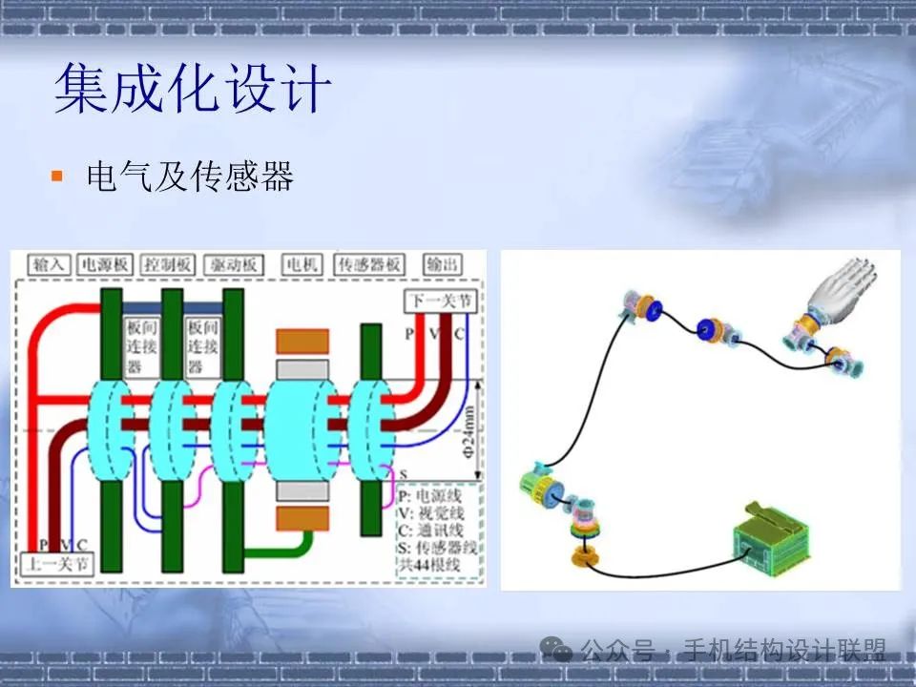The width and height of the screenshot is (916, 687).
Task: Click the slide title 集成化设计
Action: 192,89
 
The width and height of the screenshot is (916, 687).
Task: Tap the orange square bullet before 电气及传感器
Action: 57,176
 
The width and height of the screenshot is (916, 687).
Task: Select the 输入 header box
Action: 49,264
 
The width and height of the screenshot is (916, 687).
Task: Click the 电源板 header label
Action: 105,264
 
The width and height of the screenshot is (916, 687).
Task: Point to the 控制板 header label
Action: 168,264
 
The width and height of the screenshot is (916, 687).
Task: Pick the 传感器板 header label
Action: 370,264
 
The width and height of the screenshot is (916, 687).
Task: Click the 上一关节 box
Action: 57,563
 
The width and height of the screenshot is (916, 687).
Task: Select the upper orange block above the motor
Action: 302,341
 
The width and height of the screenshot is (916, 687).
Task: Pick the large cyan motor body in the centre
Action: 302,427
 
